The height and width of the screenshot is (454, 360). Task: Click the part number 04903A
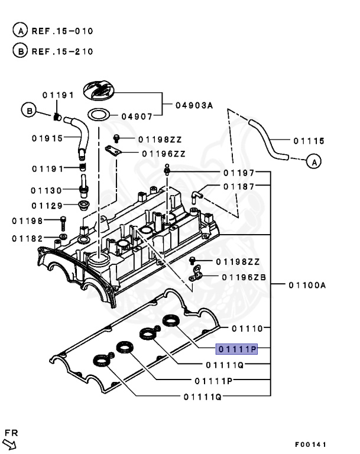(194, 106)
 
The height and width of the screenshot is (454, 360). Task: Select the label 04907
(137, 116)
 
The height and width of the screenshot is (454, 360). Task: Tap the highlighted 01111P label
(236, 349)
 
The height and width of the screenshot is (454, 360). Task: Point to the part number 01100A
(307, 285)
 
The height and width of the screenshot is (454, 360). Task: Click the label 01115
(309, 141)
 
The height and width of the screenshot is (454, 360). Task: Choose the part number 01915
(47, 139)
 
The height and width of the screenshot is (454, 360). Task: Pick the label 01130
(47, 190)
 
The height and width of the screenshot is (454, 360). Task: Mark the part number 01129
(47, 206)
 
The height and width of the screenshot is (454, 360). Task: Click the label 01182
(28, 238)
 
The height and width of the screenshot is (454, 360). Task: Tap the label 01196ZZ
(163, 154)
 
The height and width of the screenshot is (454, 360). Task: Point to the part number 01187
(239, 186)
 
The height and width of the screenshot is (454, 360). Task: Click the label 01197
(239, 173)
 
